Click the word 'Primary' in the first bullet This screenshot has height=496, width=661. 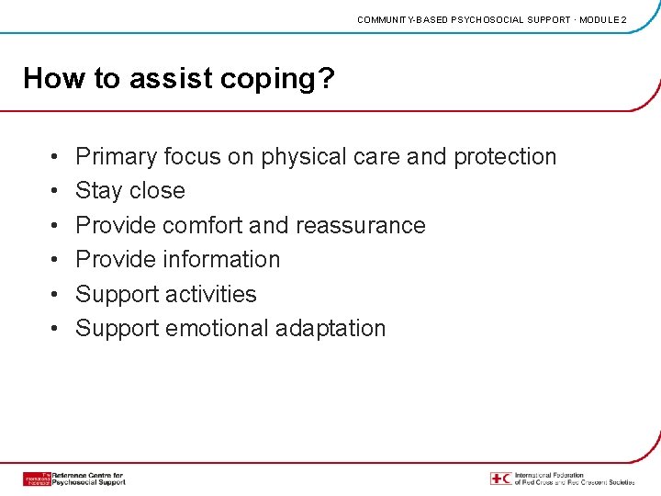[116, 157]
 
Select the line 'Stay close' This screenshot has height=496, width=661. [130, 191]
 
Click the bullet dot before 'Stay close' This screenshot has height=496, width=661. [56, 192]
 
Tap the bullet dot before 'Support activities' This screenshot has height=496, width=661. [56, 295]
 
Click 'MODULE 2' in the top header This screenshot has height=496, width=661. [602, 19]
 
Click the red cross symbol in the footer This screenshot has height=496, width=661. [501, 479]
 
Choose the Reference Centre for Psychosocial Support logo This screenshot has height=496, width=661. [74, 479]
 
